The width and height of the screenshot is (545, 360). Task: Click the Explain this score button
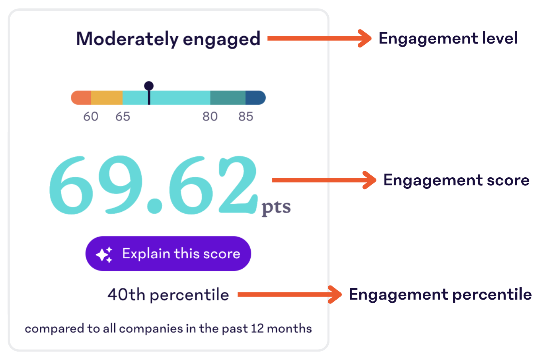pos(168,254)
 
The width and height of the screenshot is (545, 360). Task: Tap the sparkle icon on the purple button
pos(104,255)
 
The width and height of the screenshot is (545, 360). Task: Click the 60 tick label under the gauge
pos(91,117)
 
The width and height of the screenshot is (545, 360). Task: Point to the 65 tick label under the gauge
pos(123,117)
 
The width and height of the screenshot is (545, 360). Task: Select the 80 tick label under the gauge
pos(210,117)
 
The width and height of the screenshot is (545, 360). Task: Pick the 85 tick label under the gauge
pos(246,117)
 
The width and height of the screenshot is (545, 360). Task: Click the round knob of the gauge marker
pos(149,86)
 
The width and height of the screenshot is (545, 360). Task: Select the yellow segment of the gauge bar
pos(107,98)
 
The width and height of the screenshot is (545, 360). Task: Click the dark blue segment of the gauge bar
pos(255,98)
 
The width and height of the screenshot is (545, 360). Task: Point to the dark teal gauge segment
pos(228,98)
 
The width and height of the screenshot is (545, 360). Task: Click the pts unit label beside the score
pos(276,208)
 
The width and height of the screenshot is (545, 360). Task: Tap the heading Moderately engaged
pos(168,39)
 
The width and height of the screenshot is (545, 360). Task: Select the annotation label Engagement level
pos(448,39)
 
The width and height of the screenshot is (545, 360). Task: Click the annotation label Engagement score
pos(456,180)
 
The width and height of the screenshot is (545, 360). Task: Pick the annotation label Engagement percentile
pos(440,295)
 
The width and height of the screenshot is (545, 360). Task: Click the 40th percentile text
pos(168,295)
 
